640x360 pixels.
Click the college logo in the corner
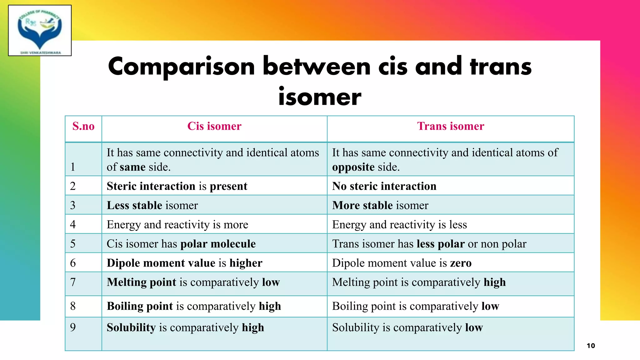coord(40,30)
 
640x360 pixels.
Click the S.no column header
coord(83,126)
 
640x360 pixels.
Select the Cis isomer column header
coord(214,126)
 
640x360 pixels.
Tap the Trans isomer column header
coord(451,126)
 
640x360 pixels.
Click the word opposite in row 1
coord(353,167)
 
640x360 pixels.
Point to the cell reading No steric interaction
coord(384,186)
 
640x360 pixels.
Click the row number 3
coord(73,205)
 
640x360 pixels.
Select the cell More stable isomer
coord(380,205)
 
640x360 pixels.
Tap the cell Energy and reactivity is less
coord(399,225)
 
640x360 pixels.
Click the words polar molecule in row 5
coord(218,244)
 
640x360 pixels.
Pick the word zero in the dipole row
coord(461,263)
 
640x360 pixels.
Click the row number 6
coord(73,263)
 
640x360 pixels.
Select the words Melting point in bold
coord(142,282)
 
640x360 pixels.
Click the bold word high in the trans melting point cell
coord(494,282)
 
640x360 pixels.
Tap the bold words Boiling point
coord(140,306)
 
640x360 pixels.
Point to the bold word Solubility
coord(131,327)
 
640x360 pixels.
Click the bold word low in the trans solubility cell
coord(474,327)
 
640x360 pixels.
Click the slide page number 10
coord(591,346)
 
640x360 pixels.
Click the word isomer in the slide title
coord(320,97)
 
